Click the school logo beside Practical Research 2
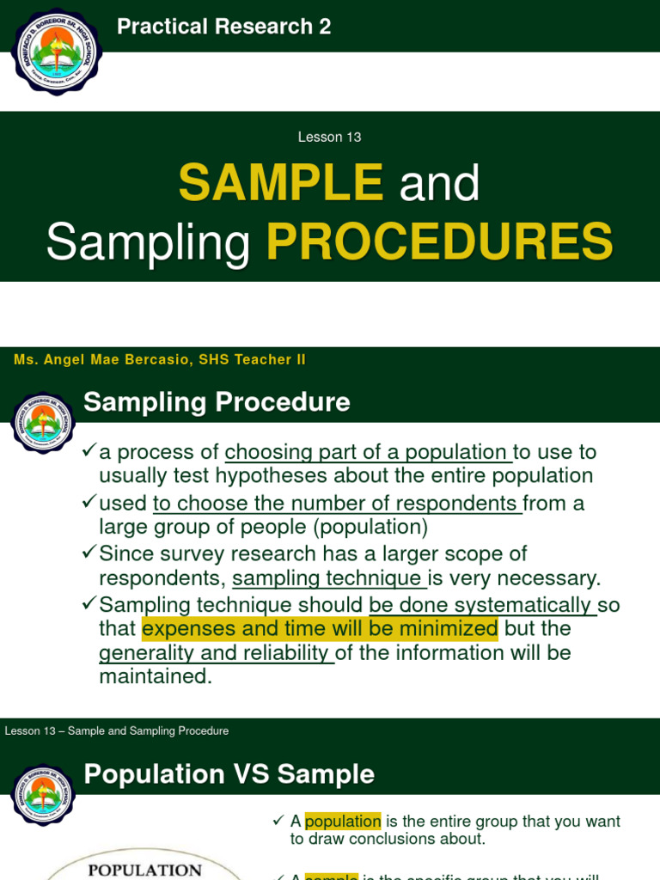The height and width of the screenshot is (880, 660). click(x=57, y=51)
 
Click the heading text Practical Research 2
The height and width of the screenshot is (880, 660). click(x=223, y=27)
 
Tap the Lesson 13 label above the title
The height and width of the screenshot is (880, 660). click(x=329, y=137)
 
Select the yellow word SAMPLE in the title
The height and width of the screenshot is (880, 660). click(x=281, y=182)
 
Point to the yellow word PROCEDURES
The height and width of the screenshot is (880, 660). click(x=439, y=241)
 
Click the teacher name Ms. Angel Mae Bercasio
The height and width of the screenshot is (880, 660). click(x=102, y=360)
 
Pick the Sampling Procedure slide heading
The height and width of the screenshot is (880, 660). click(x=217, y=402)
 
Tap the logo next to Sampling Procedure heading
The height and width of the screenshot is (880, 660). click(x=43, y=424)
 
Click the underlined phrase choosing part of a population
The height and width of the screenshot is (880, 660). click(x=367, y=452)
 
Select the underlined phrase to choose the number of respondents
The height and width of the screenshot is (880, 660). click(x=336, y=503)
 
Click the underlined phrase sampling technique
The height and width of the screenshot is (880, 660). click(x=328, y=577)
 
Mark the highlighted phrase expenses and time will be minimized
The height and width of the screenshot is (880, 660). click(x=320, y=628)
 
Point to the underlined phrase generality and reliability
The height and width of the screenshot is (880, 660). click(x=215, y=653)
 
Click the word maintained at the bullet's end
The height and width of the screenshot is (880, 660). click(x=155, y=676)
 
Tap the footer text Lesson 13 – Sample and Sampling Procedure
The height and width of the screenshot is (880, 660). click(x=117, y=731)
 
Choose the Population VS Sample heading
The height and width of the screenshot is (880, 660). click(x=229, y=774)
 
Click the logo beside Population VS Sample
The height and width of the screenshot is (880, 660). click(x=43, y=795)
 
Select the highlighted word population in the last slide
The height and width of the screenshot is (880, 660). click(x=342, y=822)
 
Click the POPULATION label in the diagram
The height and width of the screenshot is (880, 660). click(x=145, y=870)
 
